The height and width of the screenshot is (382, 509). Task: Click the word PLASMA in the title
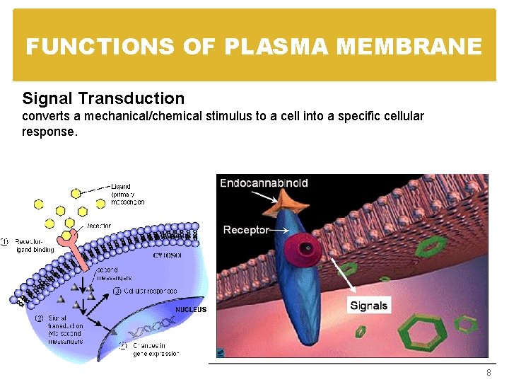click(277, 47)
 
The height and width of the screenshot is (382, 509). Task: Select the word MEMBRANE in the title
click(409, 47)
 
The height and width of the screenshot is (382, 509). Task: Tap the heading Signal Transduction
click(103, 98)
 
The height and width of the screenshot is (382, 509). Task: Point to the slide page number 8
click(487, 373)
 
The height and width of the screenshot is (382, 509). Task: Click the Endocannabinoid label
click(264, 183)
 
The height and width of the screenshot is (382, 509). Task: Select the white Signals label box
click(368, 306)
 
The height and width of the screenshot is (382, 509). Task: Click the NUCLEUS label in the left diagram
click(191, 310)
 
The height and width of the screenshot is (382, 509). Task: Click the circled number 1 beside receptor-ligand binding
click(6, 242)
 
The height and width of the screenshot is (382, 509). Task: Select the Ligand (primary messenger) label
click(128, 192)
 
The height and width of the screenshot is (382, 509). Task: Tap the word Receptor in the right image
click(245, 229)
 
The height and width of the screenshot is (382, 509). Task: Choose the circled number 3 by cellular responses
click(117, 291)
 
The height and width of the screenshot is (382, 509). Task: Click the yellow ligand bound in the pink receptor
click(67, 234)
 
